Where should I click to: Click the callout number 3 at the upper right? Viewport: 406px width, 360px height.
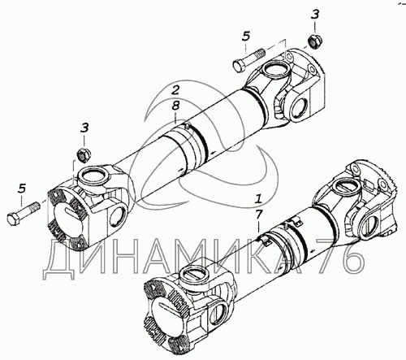[315, 15]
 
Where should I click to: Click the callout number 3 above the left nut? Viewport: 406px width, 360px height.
[84, 128]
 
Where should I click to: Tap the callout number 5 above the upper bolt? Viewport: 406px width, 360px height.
[246, 37]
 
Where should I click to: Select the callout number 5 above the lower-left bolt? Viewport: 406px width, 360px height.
[22, 189]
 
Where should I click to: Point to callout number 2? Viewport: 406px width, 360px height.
[175, 90]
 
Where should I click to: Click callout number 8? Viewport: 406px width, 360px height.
[175, 106]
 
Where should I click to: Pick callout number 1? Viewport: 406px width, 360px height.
[259, 199]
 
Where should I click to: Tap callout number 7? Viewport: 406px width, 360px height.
[259, 215]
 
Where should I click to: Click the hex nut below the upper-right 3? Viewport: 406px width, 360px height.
[314, 41]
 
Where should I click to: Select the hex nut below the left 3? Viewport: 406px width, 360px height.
[84, 155]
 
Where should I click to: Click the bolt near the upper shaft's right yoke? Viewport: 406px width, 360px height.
[248, 60]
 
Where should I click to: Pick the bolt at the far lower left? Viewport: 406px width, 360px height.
[24, 213]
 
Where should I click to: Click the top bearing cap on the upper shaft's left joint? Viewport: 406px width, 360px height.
[93, 177]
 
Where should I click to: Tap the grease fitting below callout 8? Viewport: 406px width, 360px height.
[186, 126]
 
